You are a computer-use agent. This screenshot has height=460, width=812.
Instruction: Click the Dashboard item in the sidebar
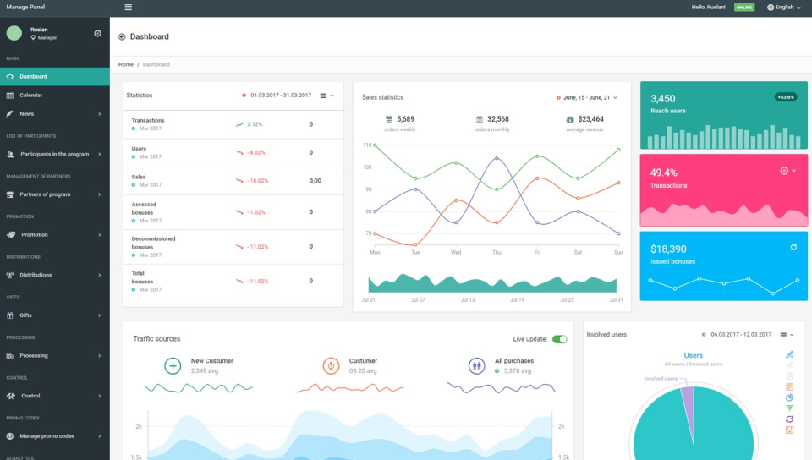coord(34,76)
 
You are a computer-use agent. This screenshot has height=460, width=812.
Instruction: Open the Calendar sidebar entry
coord(31,95)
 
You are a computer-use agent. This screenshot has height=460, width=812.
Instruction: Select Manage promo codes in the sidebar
coord(47,436)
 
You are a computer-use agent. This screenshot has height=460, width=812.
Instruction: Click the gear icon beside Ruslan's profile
coord(97,33)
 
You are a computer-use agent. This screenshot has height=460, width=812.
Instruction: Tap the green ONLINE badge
coord(744,7)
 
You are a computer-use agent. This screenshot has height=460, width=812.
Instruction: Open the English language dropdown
coord(784,7)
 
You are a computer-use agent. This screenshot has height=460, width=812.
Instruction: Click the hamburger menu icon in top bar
coord(128,7)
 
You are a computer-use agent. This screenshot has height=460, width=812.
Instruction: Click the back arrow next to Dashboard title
coord(122,36)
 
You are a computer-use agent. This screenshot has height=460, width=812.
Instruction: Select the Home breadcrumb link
coord(125,64)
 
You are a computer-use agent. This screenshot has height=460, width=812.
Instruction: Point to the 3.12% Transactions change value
coord(254,124)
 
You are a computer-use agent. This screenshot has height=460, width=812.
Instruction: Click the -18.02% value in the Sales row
coord(257,180)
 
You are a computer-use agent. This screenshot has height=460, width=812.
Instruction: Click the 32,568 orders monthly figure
coord(497,119)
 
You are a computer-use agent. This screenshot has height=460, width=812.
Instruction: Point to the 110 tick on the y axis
coord(367,145)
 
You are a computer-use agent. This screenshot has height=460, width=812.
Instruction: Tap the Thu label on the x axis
coord(497,252)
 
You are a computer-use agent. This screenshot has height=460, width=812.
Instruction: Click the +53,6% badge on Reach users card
coord(785,97)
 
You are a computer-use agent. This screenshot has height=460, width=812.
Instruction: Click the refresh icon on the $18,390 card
coord(793,247)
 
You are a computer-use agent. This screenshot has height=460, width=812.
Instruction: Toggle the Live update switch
coord(559,339)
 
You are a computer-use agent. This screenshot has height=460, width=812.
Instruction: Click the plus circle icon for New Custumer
coord(173,365)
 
